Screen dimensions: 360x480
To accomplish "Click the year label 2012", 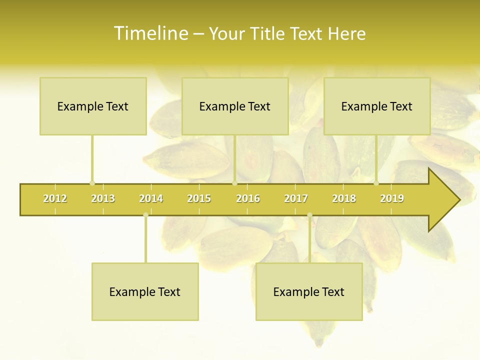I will coord(55,198).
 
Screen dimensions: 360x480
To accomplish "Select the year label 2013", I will coord(103,198).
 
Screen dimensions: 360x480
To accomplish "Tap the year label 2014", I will coord(151,198).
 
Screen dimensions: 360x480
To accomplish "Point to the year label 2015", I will coord(199,198).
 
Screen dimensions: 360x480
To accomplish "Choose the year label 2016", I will coord(248,198).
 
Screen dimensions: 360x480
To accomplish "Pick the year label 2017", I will coord(296,198).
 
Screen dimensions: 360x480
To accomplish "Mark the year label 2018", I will coord(344,198).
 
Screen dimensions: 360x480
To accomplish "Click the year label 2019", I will coord(392,198).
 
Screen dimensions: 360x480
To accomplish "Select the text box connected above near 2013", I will coord(93,106).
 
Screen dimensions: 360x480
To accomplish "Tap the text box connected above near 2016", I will coord(235,106).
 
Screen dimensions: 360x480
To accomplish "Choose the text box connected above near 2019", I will coord(377,106).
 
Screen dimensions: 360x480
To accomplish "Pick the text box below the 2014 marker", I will coord(145,291).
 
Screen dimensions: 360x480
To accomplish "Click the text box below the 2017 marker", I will coord(309,291).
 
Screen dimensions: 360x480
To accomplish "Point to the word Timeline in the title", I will coord(150,33).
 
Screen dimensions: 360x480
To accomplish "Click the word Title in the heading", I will coord(269,33).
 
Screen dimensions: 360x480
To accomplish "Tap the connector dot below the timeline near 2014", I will coord(145,215).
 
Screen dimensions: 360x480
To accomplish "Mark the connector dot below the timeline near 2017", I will coord(309,215).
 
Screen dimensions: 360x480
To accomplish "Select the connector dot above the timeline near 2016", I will coord(234,183).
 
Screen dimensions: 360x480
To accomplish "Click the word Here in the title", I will coord(346,33).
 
